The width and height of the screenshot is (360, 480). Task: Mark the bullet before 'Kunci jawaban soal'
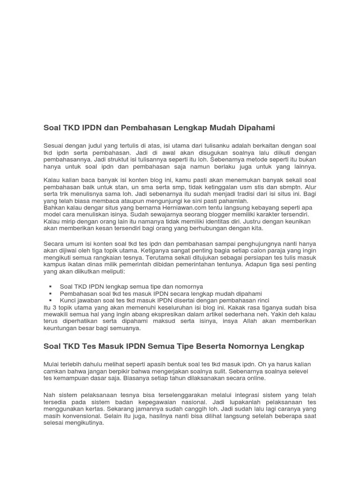[x=50, y=300]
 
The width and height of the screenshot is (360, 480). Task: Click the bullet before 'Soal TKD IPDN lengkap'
[x=50, y=286]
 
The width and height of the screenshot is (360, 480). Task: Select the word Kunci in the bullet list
[x=68, y=300]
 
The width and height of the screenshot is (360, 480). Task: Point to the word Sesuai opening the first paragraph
[x=54, y=146]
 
